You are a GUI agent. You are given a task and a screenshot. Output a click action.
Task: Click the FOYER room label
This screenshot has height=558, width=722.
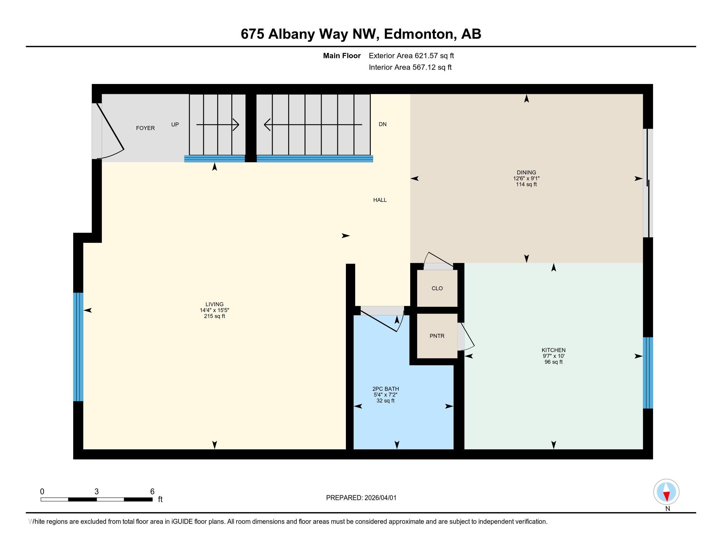[x=145, y=128]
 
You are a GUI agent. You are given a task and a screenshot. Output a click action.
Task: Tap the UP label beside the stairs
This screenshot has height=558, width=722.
[x=175, y=125]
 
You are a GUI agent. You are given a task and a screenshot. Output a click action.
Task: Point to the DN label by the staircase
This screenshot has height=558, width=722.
[x=382, y=124]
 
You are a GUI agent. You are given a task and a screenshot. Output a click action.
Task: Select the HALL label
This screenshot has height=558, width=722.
[x=380, y=200]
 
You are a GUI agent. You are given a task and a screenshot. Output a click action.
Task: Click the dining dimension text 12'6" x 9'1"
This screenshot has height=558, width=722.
[x=526, y=179]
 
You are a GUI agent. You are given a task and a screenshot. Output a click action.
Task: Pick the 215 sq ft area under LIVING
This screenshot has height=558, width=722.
[x=215, y=316]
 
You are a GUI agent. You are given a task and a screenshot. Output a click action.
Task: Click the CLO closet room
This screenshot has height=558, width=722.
[x=437, y=288]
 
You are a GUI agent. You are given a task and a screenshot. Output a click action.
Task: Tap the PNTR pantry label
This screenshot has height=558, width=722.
[x=437, y=336]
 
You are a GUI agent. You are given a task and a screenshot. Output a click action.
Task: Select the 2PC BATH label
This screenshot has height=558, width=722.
[x=386, y=389]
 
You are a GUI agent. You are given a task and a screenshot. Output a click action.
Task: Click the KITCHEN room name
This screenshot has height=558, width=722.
[x=553, y=350]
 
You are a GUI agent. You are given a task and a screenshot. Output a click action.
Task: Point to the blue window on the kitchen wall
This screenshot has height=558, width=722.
[x=648, y=373]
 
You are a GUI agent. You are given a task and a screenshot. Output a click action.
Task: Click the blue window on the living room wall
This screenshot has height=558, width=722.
[x=78, y=347]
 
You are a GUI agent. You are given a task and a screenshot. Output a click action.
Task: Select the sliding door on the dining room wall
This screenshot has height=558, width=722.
[x=648, y=183]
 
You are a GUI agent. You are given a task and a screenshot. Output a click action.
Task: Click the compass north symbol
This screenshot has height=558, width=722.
[x=666, y=492]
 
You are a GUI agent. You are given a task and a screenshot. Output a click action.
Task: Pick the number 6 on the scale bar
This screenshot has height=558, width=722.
[x=152, y=492]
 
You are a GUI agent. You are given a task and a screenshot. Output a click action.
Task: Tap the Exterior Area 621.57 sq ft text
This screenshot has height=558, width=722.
[x=411, y=56]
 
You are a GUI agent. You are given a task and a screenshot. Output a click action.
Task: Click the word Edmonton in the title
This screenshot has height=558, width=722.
[x=418, y=34]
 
